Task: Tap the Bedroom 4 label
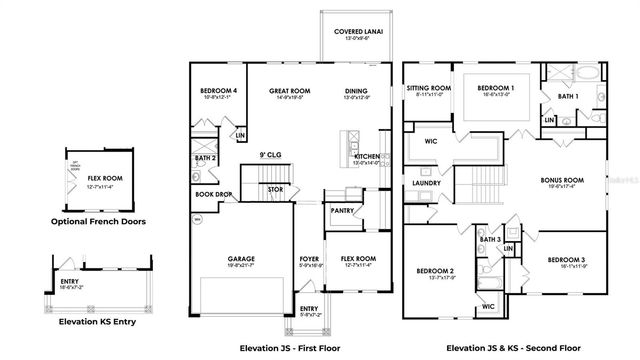tap(218, 91)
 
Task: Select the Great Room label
tap(286, 91)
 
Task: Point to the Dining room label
tap(357, 91)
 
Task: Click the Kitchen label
tap(366, 157)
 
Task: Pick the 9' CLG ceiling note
tap(268, 155)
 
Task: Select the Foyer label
tap(310, 258)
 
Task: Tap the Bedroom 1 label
tap(496, 88)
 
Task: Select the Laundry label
tap(425, 184)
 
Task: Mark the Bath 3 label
tap(490, 240)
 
